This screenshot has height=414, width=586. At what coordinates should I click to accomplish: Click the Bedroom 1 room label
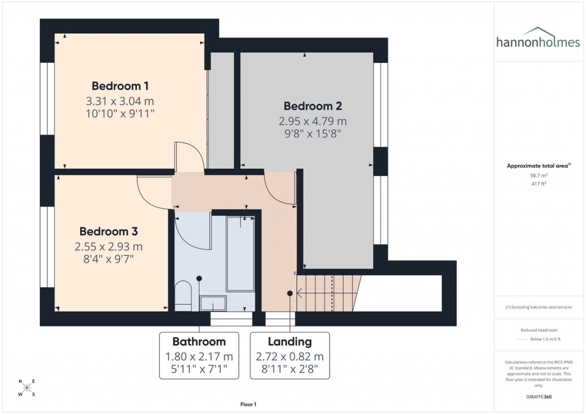point(120,86)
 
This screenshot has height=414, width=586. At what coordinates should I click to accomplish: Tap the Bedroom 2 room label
point(312,106)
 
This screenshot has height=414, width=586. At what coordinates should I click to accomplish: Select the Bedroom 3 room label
point(108,232)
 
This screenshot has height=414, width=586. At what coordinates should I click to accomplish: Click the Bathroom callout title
point(199,342)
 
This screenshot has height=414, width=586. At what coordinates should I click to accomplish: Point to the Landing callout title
point(290,342)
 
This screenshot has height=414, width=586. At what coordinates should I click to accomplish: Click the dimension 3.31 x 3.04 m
point(120,101)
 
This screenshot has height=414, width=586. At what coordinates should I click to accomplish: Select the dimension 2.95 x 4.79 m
point(312,121)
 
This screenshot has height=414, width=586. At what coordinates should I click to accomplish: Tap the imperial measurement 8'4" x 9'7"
point(108,260)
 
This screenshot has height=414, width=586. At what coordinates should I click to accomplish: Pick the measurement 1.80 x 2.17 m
point(199,357)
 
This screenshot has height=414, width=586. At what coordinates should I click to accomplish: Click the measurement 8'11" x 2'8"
point(290,370)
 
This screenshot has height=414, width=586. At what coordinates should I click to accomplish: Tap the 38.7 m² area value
point(539,176)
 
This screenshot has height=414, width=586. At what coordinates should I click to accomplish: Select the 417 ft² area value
point(539,184)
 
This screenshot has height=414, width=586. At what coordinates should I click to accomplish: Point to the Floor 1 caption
point(249,404)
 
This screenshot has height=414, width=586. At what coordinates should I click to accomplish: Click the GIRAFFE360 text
point(539,396)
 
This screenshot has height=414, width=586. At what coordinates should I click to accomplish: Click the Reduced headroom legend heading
point(539,331)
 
